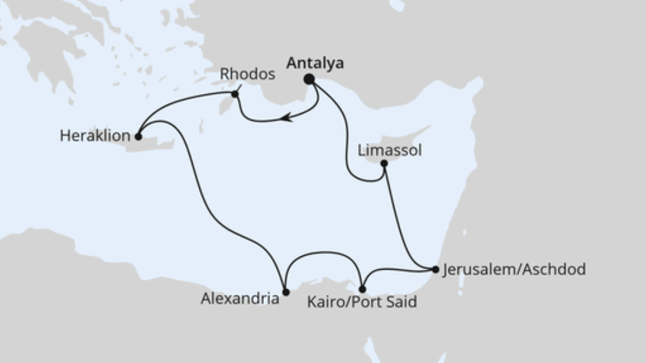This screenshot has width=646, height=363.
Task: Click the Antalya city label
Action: pos(315,63)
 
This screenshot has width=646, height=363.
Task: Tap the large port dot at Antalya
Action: pos(309,79)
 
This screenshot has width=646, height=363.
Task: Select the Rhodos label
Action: pos(247,74)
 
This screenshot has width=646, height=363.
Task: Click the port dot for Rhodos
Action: pos(235,94)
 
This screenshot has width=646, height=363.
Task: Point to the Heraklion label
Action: pos(95,137)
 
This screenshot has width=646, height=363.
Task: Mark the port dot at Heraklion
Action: pos(138,137)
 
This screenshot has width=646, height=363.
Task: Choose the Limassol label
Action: pos(390,150)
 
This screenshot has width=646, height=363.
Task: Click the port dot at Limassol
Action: pos(384,164)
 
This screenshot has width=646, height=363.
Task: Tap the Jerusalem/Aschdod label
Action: pos(514,269)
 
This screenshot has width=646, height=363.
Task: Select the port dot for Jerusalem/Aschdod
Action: pos(436,269)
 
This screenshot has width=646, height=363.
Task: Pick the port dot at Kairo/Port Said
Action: pos(362,289)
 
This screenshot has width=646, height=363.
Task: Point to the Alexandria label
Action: pos(240,298)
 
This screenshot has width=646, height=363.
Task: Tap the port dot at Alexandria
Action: pos(286,292)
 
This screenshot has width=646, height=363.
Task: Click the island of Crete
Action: pos(156,143)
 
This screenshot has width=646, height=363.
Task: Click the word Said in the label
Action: pos(401,302)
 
